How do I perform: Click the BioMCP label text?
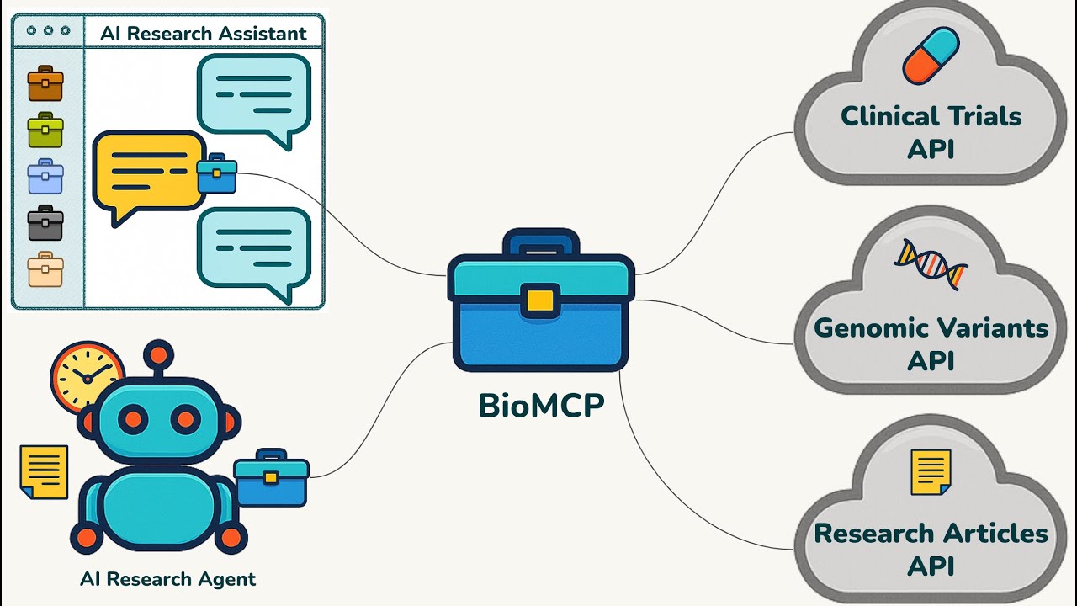pyautogui.click(x=541, y=407)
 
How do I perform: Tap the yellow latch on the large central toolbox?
pyautogui.click(x=540, y=300)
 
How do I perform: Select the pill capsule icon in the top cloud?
pyautogui.click(x=931, y=56)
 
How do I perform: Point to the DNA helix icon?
pyautogui.click(x=931, y=263)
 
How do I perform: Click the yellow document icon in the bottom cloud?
pyautogui.click(x=931, y=472)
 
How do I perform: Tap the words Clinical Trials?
pyautogui.click(x=931, y=116)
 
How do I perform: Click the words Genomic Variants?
pyautogui.click(x=931, y=327)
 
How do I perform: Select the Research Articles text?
pyautogui.click(x=931, y=534)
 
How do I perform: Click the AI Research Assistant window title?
pyautogui.click(x=204, y=34)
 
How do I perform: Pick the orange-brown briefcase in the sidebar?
pyautogui.click(x=45, y=84)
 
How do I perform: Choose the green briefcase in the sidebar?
pyautogui.click(x=45, y=130)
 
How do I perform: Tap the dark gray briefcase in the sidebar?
pyautogui.click(x=45, y=223)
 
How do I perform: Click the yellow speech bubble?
pyautogui.click(x=147, y=172)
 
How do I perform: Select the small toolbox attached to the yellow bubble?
pyautogui.click(x=216, y=173)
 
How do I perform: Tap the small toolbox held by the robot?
pyautogui.click(x=270, y=477)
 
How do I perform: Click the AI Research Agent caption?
pyautogui.click(x=167, y=579)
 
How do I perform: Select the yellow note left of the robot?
pyautogui.click(x=44, y=471)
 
